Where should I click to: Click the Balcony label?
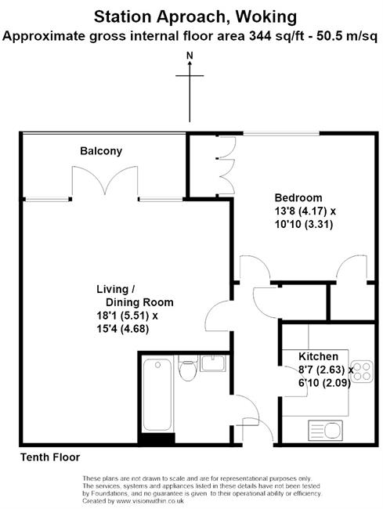pyautogui.click(x=101, y=151)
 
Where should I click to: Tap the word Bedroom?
pyautogui.click(x=298, y=197)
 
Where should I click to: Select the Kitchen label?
pyautogui.click(x=318, y=356)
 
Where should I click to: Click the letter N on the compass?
pyautogui.click(x=190, y=56)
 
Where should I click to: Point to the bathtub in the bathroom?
pyautogui.click(x=157, y=395)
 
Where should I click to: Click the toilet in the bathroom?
pyautogui.click(x=188, y=368)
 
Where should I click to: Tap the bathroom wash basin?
pyautogui.click(x=212, y=363)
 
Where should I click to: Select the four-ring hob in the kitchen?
pyautogui.click(x=362, y=371)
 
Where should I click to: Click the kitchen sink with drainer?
pyautogui.click(x=325, y=430)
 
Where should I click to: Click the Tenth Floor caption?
pyautogui.click(x=50, y=457)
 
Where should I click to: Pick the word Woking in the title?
pyautogui.click(x=266, y=16)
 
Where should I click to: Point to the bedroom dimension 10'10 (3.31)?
pyautogui.click(x=304, y=224)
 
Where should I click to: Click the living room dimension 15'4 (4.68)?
pyautogui.click(x=123, y=329)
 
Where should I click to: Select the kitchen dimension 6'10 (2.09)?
pyautogui.click(x=324, y=383)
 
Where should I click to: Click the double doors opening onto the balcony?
pyautogui.click(x=105, y=182)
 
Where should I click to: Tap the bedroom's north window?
pyautogui.click(x=281, y=133)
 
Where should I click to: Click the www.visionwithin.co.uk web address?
pyautogui.click(x=150, y=501)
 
